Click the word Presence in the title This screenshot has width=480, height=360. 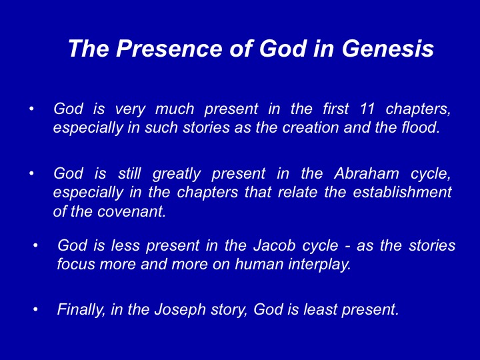tap(169, 49)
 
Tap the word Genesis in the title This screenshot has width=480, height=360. tap(388, 49)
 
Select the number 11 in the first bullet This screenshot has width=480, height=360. tap(367, 109)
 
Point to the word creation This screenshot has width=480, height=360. tap(311, 127)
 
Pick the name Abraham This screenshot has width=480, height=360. tap(367, 173)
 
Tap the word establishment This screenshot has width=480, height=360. tap(402, 192)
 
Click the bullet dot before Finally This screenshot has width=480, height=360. tap(35, 310)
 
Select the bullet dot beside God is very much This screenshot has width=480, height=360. tap(31, 109)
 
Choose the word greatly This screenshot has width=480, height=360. tap(177, 174)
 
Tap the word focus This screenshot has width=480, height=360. tap(76, 264)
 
